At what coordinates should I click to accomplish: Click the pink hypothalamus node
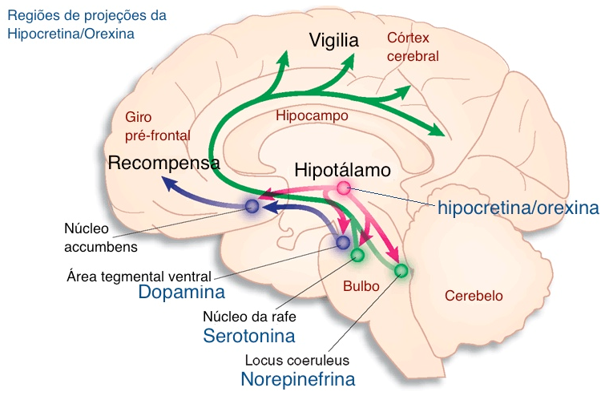pos(344,188)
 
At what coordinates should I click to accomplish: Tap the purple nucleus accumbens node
pos(252,206)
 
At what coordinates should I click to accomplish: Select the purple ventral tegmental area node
pos(343,241)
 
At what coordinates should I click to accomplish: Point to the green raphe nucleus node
pos(357,255)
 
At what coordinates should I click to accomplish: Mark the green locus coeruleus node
pos(401,271)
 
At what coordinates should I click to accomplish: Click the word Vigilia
pos(335,40)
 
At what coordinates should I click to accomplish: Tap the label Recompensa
pos(164,164)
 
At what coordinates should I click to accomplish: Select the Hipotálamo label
pos(342,170)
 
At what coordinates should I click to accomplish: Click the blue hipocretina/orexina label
pos(518,208)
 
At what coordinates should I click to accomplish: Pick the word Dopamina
pos(181,292)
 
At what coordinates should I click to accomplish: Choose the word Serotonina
pos(248,335)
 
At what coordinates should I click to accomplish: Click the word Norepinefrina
pos(297,379)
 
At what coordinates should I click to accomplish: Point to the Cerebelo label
pos(474,296)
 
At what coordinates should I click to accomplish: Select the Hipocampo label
pos(312,115)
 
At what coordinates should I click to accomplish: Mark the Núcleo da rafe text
pos(249,316)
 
